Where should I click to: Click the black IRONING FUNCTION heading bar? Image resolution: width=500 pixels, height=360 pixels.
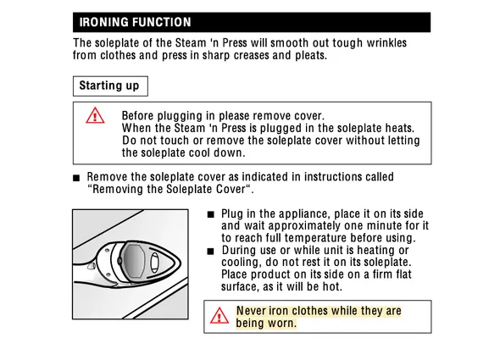point(252,22)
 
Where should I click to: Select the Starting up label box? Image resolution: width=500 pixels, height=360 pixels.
point(110,86)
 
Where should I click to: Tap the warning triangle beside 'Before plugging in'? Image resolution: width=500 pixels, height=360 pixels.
point(95,115)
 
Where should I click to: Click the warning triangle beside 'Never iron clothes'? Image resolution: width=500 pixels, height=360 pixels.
point(219,316)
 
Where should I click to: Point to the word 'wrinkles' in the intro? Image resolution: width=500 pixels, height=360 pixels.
point(386,42)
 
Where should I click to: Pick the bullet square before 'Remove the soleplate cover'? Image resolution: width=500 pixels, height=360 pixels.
point(76,178)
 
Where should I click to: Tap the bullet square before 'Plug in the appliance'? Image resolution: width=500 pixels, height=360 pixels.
point(210,214)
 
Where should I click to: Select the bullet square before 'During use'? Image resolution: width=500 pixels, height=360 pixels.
point(210,252)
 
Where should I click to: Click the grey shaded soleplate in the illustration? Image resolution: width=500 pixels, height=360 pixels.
point(135,261)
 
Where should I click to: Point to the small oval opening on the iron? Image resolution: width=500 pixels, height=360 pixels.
point(154,263)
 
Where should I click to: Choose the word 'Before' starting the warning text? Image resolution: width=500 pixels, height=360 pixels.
point(138,115)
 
